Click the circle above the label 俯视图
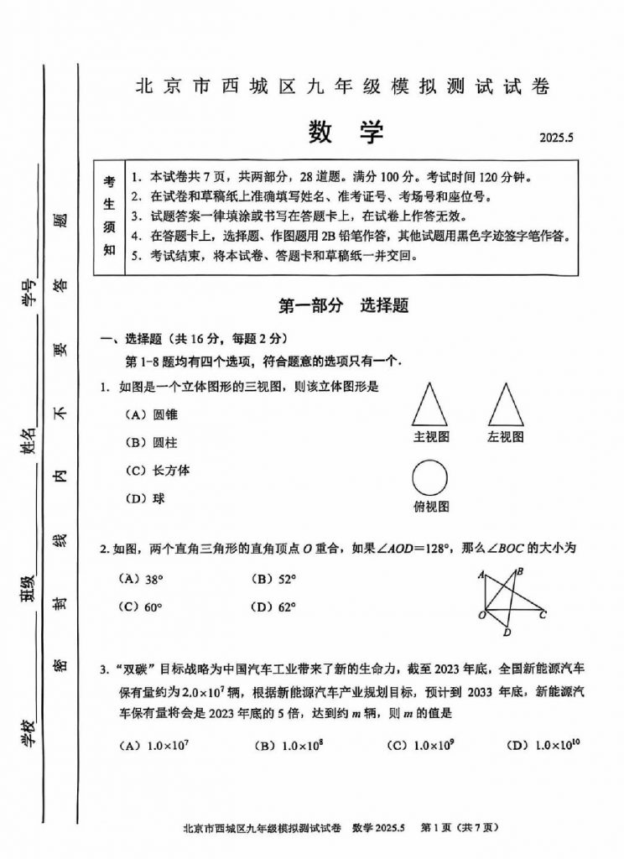(x=431, y=478)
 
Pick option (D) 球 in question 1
(x=144, y=498)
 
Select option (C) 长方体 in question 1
(x=157, y=470)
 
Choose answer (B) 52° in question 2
(x=276, y=578)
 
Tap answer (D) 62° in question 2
(x=276, y=607)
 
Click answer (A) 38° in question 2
(x=141, y=578)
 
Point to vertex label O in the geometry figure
(x=481, y=616)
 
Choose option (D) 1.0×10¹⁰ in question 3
(x=543, y=744)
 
